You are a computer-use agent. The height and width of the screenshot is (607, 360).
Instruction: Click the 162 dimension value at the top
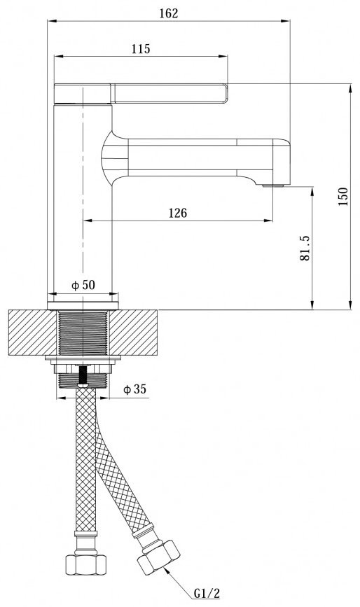click(x=169, y=13)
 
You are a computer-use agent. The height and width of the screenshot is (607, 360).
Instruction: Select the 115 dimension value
click(x=141, y=49)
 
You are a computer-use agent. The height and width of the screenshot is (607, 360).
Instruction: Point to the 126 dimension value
click(x=178, y=213)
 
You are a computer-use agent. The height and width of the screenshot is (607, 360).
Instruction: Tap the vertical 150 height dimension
click(x=343, y=196)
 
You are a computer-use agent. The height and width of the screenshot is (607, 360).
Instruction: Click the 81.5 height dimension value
click(x=305, y=248)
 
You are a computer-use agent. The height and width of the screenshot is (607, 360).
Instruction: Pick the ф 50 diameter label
click(x=83, y=286)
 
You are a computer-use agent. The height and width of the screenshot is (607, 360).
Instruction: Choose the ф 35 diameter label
click(x=134, y=389)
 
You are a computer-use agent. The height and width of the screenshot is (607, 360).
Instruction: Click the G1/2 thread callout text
click(x=207, y=593)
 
